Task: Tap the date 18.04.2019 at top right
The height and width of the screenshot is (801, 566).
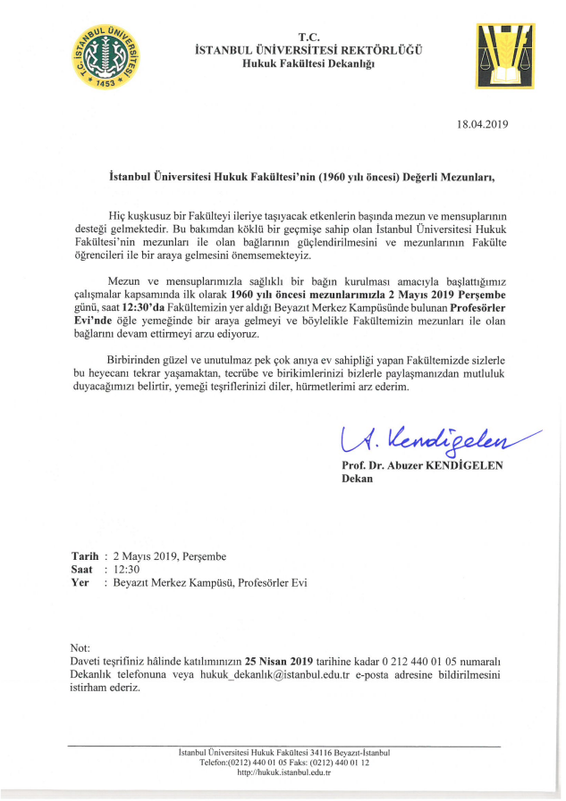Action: (x=482, y=124)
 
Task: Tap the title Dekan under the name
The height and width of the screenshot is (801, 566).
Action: (x=358, y=480)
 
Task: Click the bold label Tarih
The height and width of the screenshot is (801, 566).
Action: (x=85, y=555)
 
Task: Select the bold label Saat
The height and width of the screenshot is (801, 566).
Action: (x=82, y=569)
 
